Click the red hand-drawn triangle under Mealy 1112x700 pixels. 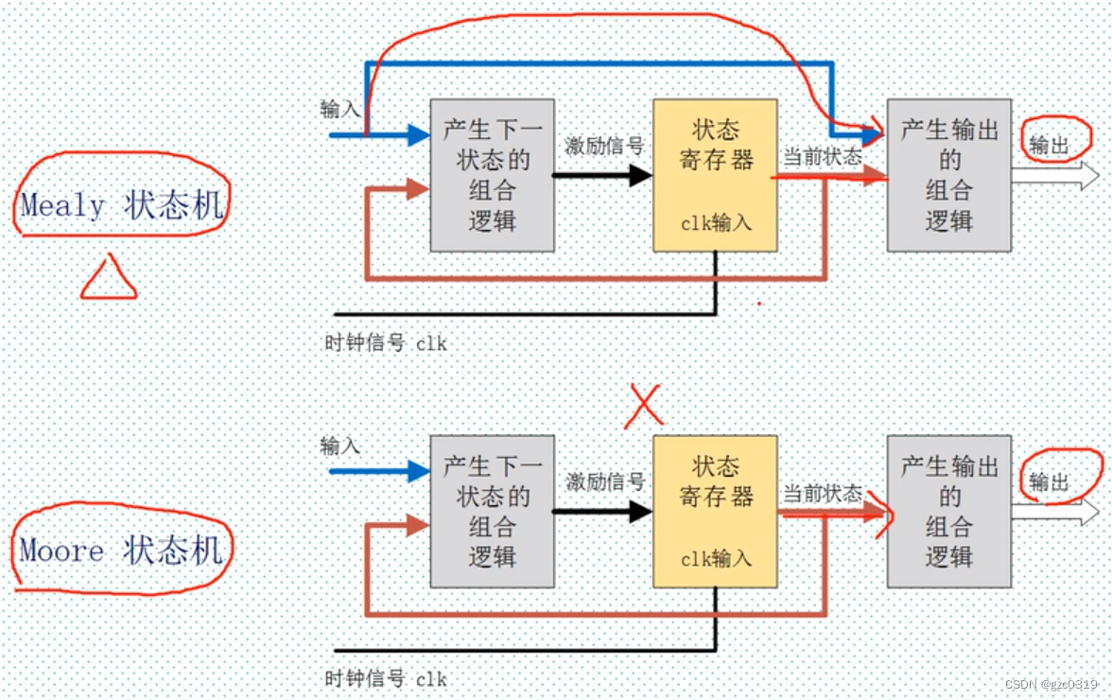109,278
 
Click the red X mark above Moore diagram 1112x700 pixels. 644,406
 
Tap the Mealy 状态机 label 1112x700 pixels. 122,203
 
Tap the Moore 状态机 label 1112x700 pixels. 122,550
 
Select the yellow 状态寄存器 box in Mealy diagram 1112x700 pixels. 715,175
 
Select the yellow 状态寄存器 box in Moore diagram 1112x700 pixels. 715,512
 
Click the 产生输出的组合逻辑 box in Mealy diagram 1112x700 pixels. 948,175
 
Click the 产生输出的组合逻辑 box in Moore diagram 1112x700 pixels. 948,512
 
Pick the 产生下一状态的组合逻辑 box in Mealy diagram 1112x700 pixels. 492,175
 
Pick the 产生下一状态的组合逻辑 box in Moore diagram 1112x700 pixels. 492,512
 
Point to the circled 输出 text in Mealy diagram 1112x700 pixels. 1050,146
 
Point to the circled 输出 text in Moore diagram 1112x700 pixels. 1050,482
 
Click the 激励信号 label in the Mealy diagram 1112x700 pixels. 604,146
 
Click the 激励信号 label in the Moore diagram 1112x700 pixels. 604,481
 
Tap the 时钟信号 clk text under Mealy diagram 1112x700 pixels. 385,343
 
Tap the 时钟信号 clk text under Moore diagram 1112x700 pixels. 385,679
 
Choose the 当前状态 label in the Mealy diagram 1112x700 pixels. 822,157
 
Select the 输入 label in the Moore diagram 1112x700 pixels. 340,446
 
